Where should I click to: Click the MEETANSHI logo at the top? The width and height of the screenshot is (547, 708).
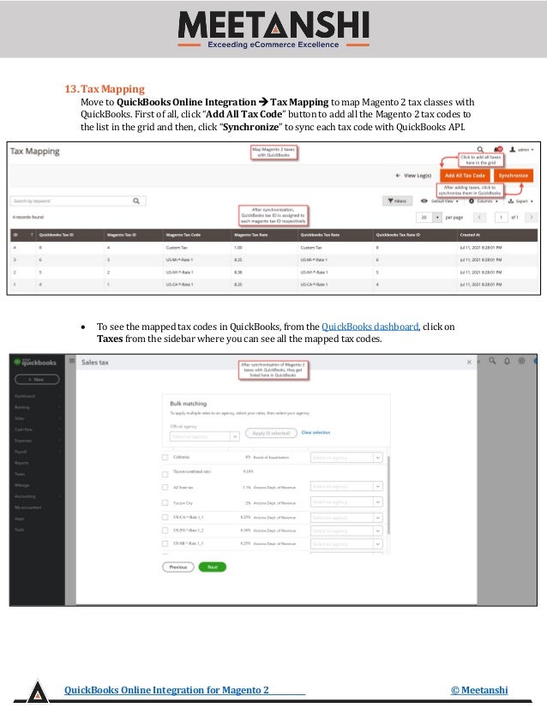(273, 27)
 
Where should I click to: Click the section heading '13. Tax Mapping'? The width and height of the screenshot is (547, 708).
(105, 89)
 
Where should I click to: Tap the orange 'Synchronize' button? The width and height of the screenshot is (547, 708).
(513, 175)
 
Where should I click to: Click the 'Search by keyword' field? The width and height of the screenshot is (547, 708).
(73, 201)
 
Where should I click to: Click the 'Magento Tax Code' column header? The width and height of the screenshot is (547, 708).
(183, 234)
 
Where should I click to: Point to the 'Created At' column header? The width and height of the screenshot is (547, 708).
(470, 234)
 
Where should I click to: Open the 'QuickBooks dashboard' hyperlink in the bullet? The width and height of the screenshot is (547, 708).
(370, 327)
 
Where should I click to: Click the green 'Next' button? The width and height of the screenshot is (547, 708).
(212, 567)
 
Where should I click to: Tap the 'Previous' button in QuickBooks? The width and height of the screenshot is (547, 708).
(177, 567)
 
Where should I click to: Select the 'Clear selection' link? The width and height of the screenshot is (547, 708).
(316, 433)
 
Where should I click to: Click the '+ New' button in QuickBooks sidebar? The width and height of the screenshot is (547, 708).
(35, 379)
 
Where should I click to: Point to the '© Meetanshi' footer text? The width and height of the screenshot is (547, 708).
(479, 690)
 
